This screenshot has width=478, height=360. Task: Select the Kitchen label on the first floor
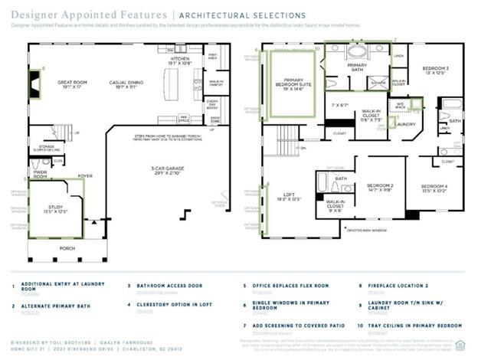[x=179, y=60]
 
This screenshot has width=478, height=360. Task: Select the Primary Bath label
[x=356, y=66]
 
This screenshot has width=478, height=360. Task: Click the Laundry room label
[x=405, y=123]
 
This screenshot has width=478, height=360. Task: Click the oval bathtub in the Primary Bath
[x=357, y=52]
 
